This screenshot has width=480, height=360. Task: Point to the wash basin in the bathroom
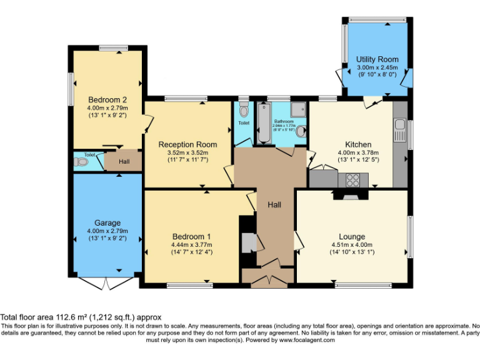tap(302, 132)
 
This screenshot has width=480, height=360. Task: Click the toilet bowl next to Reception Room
tap(243, 111)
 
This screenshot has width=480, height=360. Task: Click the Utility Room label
tap(377, 59)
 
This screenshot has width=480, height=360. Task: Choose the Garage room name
tap(107, 222)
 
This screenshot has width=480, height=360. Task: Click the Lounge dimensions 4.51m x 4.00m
tap(352, 245)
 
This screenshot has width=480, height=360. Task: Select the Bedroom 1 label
tap(191, 236)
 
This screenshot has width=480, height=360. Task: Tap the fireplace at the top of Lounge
tap(346, 195)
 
